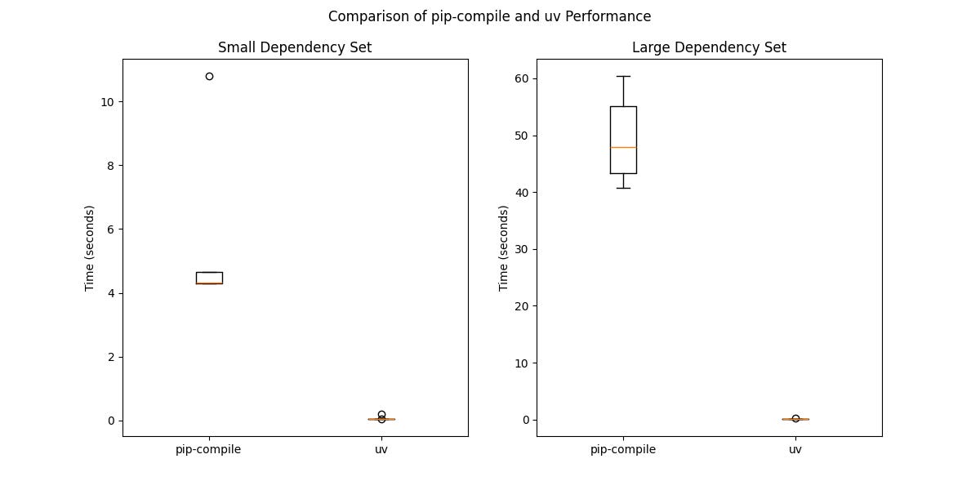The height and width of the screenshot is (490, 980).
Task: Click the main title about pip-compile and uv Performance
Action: click(x=490, y=16)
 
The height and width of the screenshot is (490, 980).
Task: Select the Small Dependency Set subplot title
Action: click(x=295, y=47)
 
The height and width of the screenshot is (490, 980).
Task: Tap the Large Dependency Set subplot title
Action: click(x=709, y=47)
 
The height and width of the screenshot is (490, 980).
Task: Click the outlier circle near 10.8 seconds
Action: click(x=209, y=76)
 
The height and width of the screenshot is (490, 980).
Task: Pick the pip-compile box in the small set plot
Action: click(x=209, y=277)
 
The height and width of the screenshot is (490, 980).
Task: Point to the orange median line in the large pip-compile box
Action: click(x=623, y=147)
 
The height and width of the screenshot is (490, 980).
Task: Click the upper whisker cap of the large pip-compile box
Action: click(x=623, y=76)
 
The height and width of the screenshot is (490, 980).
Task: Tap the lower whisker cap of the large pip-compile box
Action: click(x=623, y=188)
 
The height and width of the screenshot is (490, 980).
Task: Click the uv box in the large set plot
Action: click(x=795, y=419)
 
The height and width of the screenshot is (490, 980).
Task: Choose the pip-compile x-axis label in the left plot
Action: click(x=208, y=449)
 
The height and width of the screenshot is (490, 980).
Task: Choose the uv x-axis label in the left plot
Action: click(x=381, y=449)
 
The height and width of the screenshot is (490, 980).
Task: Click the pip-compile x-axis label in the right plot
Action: click(x=623, y=449)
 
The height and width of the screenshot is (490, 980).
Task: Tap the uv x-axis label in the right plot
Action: click(x=795, y=449)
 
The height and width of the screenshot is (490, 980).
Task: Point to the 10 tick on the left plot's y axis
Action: click(x=106, y=101)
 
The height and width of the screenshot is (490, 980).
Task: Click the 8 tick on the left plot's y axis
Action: click(x=109, y=165)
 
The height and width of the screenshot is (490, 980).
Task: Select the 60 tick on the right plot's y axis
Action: click(x=520, y=78)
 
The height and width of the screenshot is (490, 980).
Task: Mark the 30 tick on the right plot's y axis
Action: click(x=520, y=249)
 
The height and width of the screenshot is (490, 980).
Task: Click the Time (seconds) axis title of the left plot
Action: click(x=90, y=248)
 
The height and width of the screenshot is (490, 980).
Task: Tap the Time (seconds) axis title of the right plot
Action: click(x=504, y=248)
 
